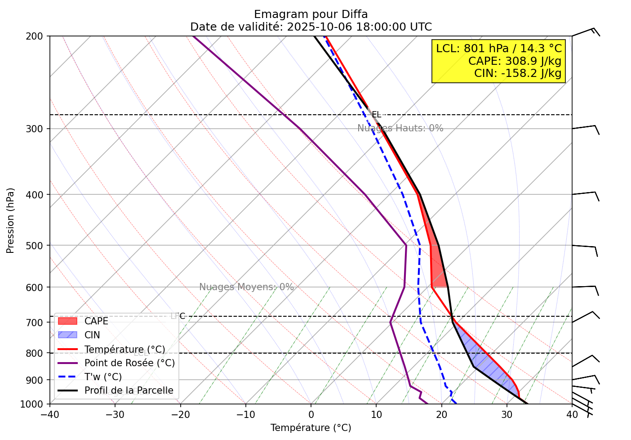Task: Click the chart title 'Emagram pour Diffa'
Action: pyautogui.click(x=311, y=14)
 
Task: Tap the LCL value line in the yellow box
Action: pyautogui.click(x=498, y=48)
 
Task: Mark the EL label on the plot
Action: pyautogui.click(x=376, y=115)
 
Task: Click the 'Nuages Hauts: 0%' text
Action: pyautogui.click(x=400, y=128)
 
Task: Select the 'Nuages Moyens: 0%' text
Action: pyautogui.click(x=246, y=287)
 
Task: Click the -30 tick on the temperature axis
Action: pyautogui.click(x=115, y=414)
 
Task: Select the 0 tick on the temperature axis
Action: pyautogui.click(x=311, y=414)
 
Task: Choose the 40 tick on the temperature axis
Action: pyautogui.click(x=572, y=414)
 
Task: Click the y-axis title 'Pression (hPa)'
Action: pyautogui.click(x=11, y=220)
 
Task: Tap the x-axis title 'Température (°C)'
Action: pyautogui.click(x=311, y=428)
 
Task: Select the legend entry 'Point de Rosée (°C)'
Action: pyautogui.click(x=129, y=363)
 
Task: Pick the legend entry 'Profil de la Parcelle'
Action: pyautogui.click(x=129, y=391)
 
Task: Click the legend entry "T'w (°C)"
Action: pyautogui.click(x=103, y=377)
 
